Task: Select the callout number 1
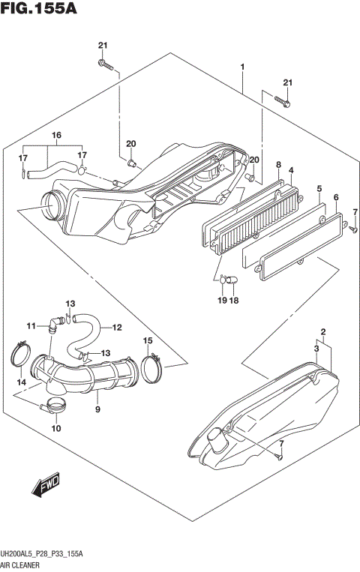pyautogui.click(x=242, y=68)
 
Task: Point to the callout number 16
pyautogui.click(x=55, y=135)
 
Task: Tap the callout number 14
pyautogui.click(x=20, y=383)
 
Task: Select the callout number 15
pyautogui.click(x=148, y=342)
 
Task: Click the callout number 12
pyautogui.click(x=117, y=327)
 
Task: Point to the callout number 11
pyautogui.click(x=31, y=326)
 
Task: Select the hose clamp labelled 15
pyautogui.click(x=152, y=367)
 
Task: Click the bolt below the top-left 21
pyautogui.click(x=105, y=67)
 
